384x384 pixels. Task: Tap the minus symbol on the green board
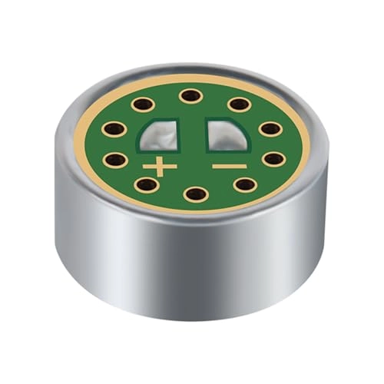pos(230,166)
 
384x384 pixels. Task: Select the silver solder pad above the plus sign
pos(159,137)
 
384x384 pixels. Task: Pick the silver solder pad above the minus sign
pos(227,136)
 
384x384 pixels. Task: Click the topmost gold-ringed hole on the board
pos(190,96)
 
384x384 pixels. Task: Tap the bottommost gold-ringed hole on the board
pos(196,194)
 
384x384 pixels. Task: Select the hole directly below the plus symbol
pos(146,184)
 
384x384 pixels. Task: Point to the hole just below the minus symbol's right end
pos(245,184)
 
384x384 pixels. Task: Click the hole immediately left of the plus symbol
pos(115,160)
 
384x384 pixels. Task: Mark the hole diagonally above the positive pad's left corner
pos(141,104)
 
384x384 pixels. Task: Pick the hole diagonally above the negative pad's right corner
pos(239,104)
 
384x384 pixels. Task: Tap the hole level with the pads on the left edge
pos(113,128)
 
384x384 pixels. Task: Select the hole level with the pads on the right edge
pos(270,128)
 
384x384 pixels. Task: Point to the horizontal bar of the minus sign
pos(230,166)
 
